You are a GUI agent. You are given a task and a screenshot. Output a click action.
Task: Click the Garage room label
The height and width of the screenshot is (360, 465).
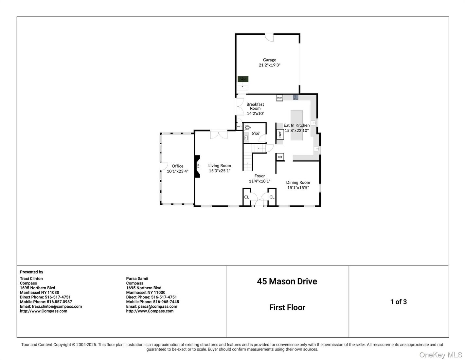pyautogui.click(x=269, y=60)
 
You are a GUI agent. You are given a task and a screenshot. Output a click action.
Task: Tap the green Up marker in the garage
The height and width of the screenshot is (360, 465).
pyautogui.click(x=243, y=79)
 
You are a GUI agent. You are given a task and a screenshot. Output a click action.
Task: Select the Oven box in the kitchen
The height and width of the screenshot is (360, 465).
pyautogui.click(x=279, y=98)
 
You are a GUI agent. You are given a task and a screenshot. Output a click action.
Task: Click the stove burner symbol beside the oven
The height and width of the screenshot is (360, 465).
pyautogui.click(x=295, y=98)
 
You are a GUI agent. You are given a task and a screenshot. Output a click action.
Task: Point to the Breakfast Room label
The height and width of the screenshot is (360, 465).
pyautogui.click(x=255, y=106)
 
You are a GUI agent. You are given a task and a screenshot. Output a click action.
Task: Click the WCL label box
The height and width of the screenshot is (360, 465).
pyautogui.click(x=239, y=127)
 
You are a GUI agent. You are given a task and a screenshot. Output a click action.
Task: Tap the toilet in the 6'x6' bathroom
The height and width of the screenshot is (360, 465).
pyautogui.click(x=247, y=128)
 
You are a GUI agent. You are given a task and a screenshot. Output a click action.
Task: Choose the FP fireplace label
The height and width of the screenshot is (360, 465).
pyautogui.click(x=198, y=166)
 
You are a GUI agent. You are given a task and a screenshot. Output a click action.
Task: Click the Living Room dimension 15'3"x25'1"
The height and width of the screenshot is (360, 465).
pyautogui.click(x=220, y=171)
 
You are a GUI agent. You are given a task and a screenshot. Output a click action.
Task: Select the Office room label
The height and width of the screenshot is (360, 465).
pyautogui.click(x=177, y=166)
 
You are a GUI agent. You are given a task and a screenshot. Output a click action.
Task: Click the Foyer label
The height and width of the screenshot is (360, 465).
pyautogui.click(x=259, y=176)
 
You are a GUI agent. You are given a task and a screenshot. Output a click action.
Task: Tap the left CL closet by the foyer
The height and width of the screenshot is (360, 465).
pyautogui.click(x=246, y=197)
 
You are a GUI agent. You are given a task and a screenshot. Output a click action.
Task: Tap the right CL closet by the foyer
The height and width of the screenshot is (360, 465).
pyautogui.click(x=272, y=197)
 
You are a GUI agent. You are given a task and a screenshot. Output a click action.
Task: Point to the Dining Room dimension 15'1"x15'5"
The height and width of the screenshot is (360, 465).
pyautogui.click(x=298, y=188)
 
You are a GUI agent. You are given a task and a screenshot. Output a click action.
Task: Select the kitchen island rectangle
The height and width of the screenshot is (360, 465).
pyautogui.click(x=296, y=125)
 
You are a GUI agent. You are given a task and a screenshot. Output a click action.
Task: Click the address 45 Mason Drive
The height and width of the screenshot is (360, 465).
pyautogui.click(x=287, y=281)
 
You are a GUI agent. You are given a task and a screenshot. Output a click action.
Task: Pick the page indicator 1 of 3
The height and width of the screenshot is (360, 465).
pyautogui.click(x=399, y=302)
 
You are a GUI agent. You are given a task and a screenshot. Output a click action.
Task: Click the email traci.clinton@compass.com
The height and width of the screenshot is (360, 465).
pyautogui.click(x=57, y=306)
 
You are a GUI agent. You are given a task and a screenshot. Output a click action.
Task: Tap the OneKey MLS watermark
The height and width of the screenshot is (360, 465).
pyautogui.click(x=440, y=355)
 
